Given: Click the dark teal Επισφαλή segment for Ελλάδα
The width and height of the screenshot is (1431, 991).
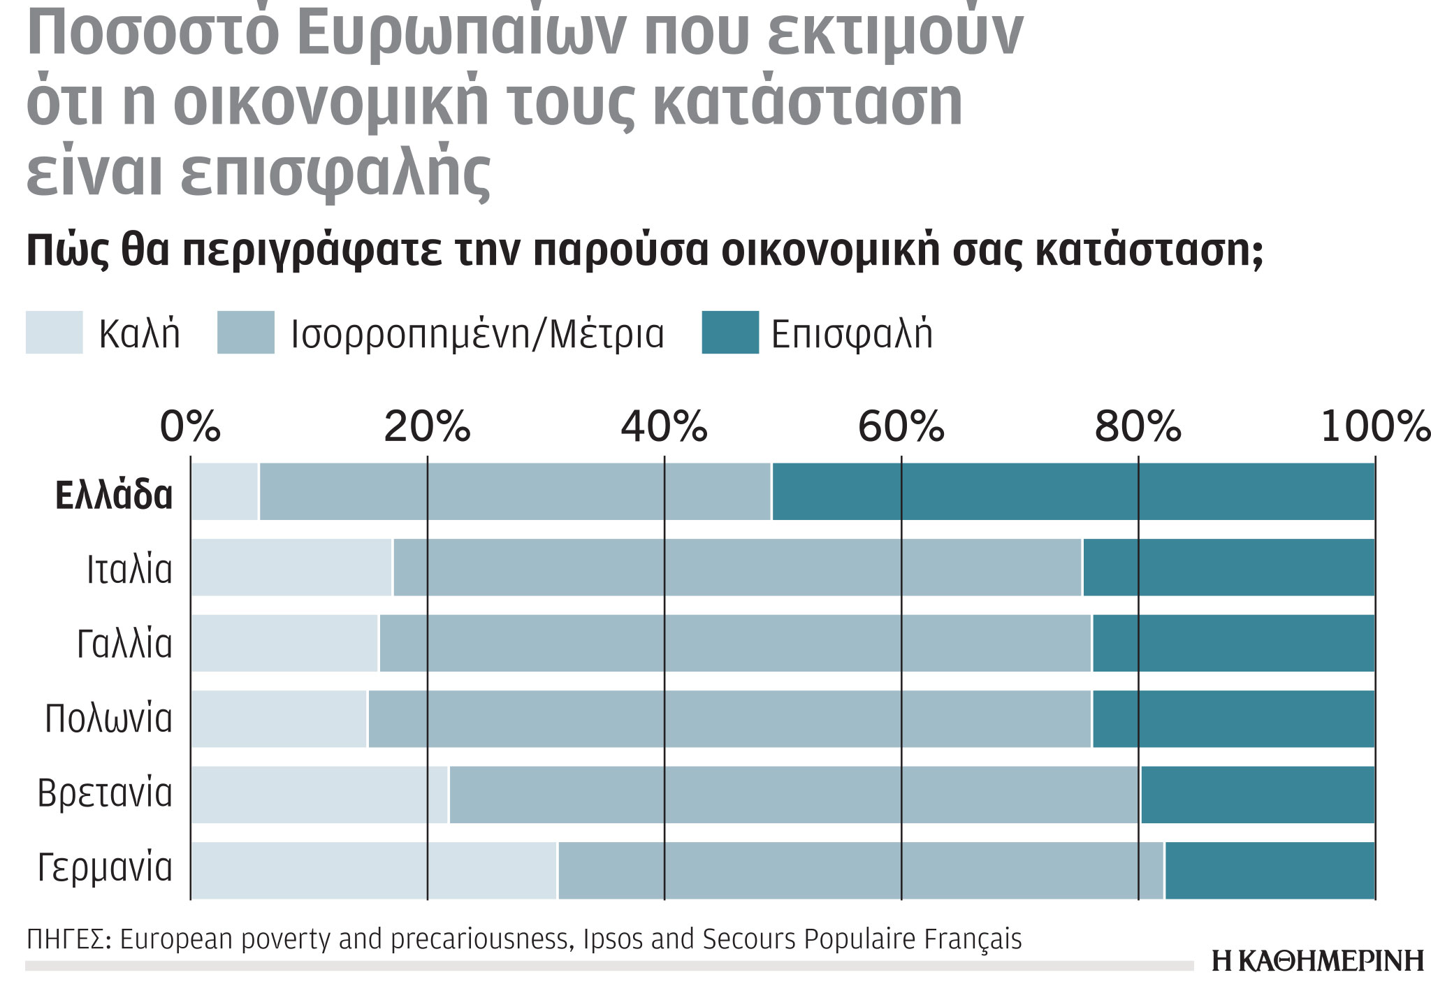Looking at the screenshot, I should tap(1073, 492).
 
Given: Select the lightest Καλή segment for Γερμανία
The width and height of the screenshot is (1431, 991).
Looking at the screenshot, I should tap(374, 870).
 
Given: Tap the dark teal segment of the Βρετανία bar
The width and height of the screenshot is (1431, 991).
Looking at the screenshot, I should tap(1258, 795).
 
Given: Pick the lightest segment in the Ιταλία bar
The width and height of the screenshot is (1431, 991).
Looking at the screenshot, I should tap(291, 567).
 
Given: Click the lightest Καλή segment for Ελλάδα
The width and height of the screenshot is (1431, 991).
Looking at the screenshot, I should tap(224, 492).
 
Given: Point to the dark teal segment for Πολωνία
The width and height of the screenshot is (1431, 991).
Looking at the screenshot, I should tap(1233, 719).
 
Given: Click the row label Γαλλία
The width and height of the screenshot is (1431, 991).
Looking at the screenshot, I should tap(124, 644).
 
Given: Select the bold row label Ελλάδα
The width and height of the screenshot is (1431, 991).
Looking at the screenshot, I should tap(114, 495).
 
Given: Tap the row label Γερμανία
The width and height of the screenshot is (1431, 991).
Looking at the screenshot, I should tap(105, 868).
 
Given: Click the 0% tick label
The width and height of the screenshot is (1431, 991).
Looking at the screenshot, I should tap(190, 427).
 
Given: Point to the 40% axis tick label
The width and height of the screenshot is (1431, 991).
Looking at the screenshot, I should tap(664, 427).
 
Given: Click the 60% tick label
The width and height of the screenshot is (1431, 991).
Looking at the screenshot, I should tap(901, 427).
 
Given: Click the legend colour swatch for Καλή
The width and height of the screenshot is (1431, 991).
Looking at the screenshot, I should tap(54, 333).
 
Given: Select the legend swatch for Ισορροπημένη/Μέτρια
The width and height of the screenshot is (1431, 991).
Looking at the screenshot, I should tap(245, 333).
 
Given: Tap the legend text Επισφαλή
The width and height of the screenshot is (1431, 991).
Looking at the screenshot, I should tap(852, 334).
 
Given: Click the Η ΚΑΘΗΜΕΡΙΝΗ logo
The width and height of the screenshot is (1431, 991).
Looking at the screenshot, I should tap(1317, 961).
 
